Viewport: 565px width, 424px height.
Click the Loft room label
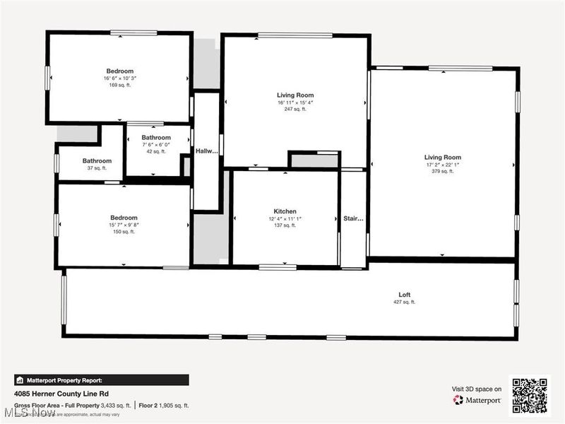tap(404, 295)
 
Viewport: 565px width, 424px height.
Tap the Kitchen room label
tap(285, 211)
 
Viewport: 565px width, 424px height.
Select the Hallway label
tap(206, 151)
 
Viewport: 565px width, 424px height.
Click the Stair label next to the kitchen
tap(353, 219)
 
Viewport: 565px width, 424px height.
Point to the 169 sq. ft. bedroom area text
tap(119, 85)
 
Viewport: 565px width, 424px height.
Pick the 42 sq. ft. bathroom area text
tap(156, 151)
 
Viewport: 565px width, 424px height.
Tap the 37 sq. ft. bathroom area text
tap(97, 168)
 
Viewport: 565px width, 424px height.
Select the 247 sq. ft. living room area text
tap(295, 109)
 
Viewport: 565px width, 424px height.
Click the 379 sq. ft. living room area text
tap(443, 171)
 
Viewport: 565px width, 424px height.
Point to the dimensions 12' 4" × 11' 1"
tap(285, 218)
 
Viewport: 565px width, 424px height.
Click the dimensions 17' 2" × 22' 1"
tap(443, 165)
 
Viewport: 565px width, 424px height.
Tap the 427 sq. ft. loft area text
tap(404, 302)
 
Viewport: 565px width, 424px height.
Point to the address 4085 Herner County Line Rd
tap(61, 394)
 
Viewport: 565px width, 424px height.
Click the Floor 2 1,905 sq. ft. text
tap(163, 405)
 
